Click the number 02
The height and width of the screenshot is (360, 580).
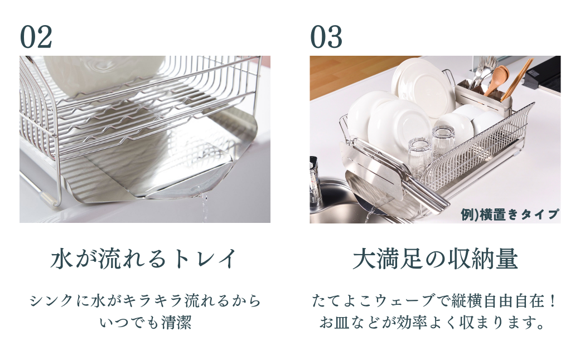[36, 37]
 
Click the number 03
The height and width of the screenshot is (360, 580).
[326, 37]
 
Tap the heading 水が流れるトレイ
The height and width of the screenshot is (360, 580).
[144, 259]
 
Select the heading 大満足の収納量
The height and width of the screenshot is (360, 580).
[436, 259]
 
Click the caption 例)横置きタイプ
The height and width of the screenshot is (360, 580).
[510, 214]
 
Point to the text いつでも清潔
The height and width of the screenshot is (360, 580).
[145, 323]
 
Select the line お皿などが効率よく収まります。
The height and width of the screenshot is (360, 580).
[436, 323]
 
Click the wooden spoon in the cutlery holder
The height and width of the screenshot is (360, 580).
[497, 78]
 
